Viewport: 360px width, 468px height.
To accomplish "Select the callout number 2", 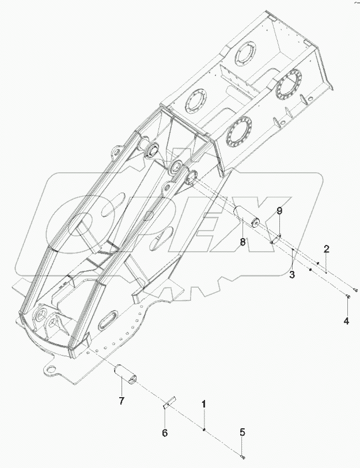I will [x=326, y=249].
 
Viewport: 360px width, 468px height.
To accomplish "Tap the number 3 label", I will [x=292, y=275].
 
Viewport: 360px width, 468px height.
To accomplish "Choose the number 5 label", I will [x=242, y=432].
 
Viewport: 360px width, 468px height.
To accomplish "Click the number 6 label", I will [x=164, y=432].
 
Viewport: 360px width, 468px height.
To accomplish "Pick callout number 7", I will [x=122, y=401].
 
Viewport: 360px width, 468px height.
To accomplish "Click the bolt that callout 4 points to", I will [x=349, y=297].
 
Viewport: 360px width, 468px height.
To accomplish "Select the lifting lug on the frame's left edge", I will [x=115, y=153].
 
